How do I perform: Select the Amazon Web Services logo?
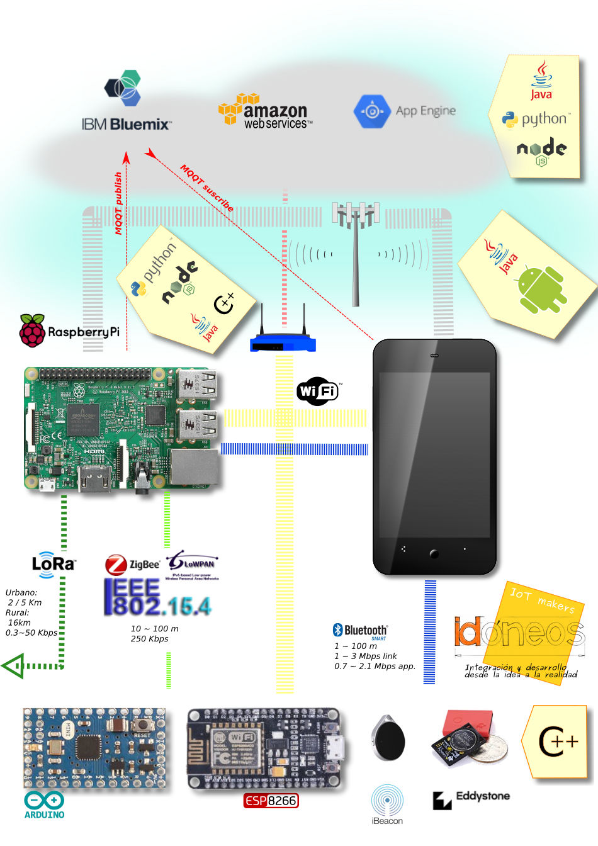click(265, 112)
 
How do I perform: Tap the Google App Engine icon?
click(372, 111)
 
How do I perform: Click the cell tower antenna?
click(356, 252)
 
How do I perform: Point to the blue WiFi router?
click(283, 342)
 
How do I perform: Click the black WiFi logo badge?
click(318, 391)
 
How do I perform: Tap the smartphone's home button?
click(434, 554)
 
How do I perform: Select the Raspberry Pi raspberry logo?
click(32, 330)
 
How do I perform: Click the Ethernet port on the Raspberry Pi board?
click(195, 467)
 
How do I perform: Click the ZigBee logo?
click(132, 564)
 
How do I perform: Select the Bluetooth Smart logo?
click(360, 631)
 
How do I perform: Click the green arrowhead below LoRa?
click(13, 665)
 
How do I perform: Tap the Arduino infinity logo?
click(44, 801)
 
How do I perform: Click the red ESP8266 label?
click(271, 801)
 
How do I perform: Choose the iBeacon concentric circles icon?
click(387, 800)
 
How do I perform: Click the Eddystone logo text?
click(482, 796)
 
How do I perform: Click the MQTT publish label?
click(118, 203)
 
